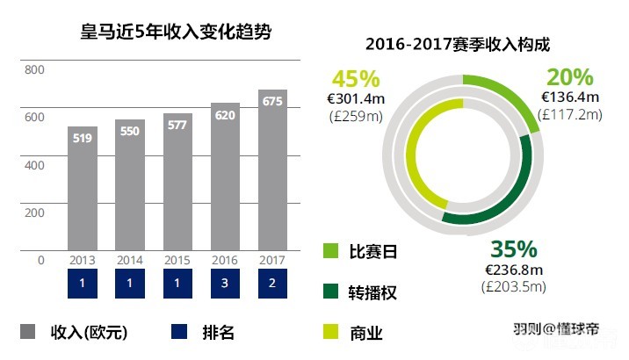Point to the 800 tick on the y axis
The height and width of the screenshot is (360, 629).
click(34, 70)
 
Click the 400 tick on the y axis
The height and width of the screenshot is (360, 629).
click(34, 165)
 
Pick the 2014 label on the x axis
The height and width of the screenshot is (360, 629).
click(130, 260)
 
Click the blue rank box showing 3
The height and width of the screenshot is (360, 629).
click(225, 283)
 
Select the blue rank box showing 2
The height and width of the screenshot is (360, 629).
click(272, 283)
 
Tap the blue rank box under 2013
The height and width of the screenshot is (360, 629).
click(83, 283)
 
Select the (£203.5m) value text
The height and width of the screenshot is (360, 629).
click(514, 286)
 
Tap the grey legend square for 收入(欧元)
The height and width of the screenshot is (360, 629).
click(28, 331)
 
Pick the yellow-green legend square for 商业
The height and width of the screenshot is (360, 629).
click(331, 331)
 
